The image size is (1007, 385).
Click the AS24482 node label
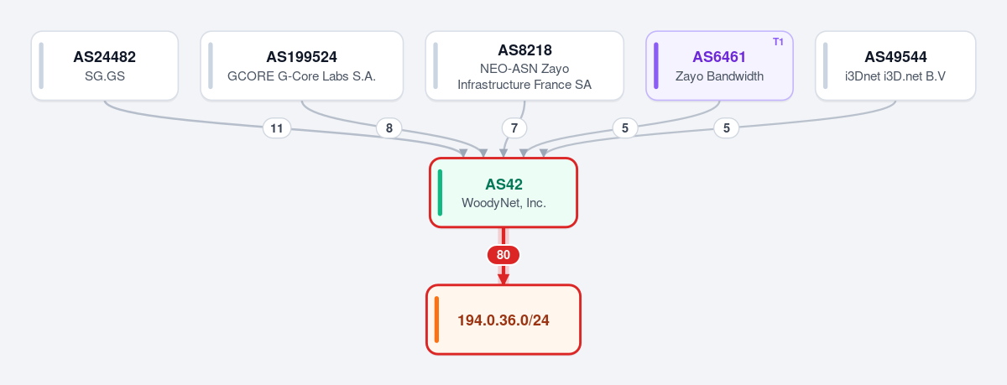(x=104, y=57)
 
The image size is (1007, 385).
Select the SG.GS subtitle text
(x=105, y=76)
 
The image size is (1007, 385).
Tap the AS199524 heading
(x=301, y=57)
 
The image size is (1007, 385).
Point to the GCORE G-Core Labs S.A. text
(x=301, y=76)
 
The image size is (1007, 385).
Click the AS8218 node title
(x=524, y=49)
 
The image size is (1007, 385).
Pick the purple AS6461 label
(x=719, y=57)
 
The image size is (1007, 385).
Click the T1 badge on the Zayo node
(x=778, y=42)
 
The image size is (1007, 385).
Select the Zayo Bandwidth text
(x=719, y=76)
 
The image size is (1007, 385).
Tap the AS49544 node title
(x=895, y=57)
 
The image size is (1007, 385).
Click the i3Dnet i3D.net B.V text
(x=895, y=76)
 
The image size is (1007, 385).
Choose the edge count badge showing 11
(x=276, y=128)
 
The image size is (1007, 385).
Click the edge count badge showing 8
(x=389, y=128)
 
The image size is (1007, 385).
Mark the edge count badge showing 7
(x=514, y=128)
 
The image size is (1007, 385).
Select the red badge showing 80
(x=503, y=255)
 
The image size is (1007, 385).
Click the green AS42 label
(x=503, y=185)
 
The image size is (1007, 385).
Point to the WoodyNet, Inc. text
(x=503, y=203)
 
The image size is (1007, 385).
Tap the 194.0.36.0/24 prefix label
(x=503, y=320)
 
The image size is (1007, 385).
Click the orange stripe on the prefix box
(x=436, y=320)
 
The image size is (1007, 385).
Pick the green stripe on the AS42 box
(x=440, y=193)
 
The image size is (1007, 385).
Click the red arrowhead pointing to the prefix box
(x=503, y=278)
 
